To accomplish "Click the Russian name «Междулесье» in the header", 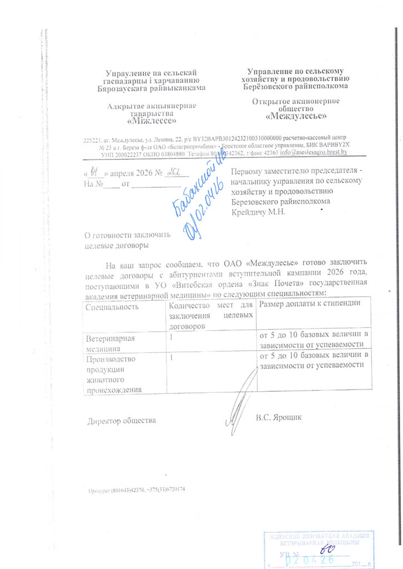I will click(x=295, y=116).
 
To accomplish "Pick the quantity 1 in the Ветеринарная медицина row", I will click(x=171, y=337).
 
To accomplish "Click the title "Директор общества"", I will click(x=121, y=421).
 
